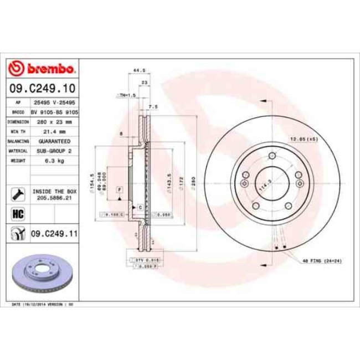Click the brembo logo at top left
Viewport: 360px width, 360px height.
point(43,69)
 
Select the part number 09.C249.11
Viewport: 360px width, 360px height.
point(54,234)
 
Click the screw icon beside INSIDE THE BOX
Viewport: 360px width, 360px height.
point(17,194)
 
